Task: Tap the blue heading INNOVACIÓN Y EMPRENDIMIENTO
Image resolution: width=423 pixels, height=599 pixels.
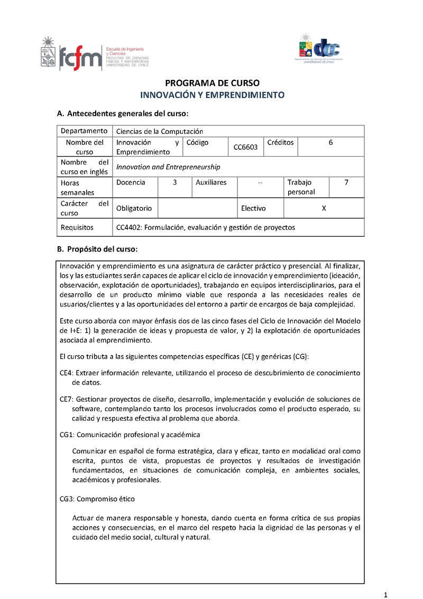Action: pyautogui.click(x=212, y=95)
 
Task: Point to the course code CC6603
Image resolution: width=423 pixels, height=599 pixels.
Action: pyautogui.click(x=245, y=147)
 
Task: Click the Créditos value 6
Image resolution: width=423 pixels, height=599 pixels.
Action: pyautogui.click(x=330, y=142)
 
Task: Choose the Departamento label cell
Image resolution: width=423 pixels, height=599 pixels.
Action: pyautogui.click(x=84, y=131)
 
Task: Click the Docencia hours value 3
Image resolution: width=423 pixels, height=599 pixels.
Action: pyautogui.click(x=174, y=182)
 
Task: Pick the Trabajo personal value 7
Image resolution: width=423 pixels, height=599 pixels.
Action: pyautogui.click(x=346, y=182)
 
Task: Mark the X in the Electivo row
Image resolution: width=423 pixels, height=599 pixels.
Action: pyautogui.click(x=324, y=208)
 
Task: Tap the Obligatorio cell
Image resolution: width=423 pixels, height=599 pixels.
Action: pyautogui.click(x=134, y=208)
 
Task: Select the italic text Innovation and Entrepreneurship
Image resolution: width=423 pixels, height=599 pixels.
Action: pyautogui.click(x=168, y=167)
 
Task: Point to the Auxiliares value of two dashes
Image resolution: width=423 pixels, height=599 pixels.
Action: pyautogui.click(x=260, y=183)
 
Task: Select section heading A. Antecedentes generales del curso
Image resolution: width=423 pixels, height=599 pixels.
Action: pyautogui.click(x=122, y=114)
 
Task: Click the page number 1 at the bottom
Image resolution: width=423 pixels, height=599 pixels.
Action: pyautogui.click(x=386, y=594)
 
